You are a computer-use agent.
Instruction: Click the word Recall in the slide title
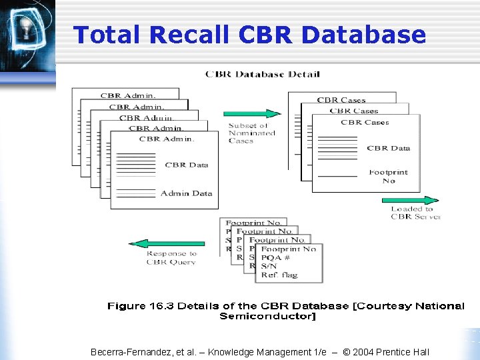(x=187, y=35)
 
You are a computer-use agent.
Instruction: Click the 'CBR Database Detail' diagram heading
(x=262, y=74)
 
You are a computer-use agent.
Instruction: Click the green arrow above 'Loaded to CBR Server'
(x=410, y=199)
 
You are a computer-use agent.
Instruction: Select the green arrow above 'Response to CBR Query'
(x=167, y=244)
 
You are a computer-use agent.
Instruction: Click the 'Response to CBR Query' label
(x=171, y=258)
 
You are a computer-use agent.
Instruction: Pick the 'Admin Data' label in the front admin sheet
(x=186, y=193)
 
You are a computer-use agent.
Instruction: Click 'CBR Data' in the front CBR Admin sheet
(x=187, y=165)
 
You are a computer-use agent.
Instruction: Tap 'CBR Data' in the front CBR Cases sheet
(x=388, y=148)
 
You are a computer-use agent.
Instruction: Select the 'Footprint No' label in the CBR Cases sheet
(x=389, y=177)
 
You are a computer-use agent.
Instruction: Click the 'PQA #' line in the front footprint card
(x=275, y=258)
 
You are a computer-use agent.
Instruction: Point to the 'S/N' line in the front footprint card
(x=269, y=267)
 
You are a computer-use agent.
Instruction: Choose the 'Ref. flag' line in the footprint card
(x=280, y=275)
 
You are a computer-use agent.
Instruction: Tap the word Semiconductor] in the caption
(x=268, y=316)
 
